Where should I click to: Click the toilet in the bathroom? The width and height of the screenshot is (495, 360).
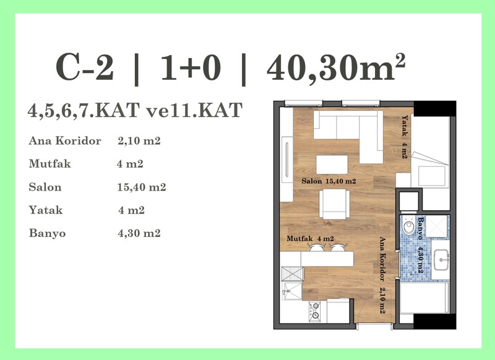coord(410,225)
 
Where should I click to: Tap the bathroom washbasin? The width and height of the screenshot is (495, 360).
coord(441,260)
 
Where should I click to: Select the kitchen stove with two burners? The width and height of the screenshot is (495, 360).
coord(314,311)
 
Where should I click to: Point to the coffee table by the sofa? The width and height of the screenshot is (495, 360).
coord(332,164)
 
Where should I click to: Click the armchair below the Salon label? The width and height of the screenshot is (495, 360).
coord(334,204)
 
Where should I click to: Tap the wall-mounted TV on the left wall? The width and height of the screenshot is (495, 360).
coord(286,160)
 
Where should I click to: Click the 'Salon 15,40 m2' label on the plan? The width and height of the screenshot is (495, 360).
coord(329,181)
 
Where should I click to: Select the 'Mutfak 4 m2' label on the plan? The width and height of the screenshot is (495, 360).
coord(310,239)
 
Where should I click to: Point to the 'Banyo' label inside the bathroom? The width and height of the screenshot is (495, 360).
coord(420,228)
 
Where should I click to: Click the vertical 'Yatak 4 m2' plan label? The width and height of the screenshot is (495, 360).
coord(405,137)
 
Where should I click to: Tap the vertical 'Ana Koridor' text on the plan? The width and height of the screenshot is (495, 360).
coord(382,259)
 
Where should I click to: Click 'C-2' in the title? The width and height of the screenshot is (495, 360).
coord(85,67)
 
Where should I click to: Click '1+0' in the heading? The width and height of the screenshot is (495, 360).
coord(191,67)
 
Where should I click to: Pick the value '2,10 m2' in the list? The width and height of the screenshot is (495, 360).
coord(139,140)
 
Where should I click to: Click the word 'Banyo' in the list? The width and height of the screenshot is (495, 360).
coord(48,233)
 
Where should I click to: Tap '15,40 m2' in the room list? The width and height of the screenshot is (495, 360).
coord(142,187)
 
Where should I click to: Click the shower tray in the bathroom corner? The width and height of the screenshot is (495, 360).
coord(437,226)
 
